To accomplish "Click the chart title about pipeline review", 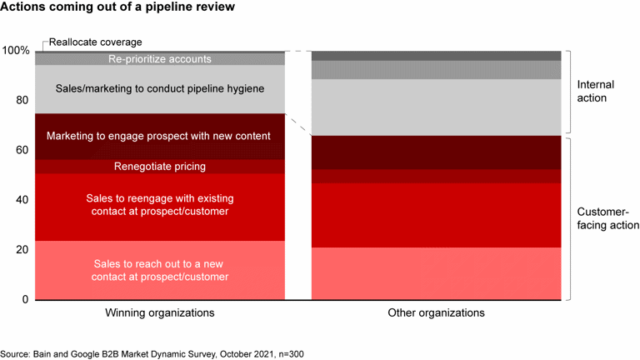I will point(117,7).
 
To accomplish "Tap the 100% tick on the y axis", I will point(16,51).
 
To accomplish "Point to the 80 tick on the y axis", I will point(22,101).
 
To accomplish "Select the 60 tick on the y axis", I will point(22,151).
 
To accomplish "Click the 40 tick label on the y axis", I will point(22,200).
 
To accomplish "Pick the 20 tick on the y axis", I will point(22,250).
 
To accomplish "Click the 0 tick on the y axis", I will point(26,299).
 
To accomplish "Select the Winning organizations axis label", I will point(160,313).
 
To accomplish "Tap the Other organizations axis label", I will point(436,313).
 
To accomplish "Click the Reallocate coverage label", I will point(96,42).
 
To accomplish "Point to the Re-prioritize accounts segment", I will point(160,59).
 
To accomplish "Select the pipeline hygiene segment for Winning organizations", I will point(160,88).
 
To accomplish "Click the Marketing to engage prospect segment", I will point(160,136).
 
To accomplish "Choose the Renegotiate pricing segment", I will point(160,167).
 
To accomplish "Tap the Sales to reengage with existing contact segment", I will point(160,205).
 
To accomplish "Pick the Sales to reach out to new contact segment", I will point(160,270).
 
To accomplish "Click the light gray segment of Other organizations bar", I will point(436,107).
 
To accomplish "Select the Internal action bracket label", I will point(596,92).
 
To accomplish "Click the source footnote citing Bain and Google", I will point(152,354).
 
